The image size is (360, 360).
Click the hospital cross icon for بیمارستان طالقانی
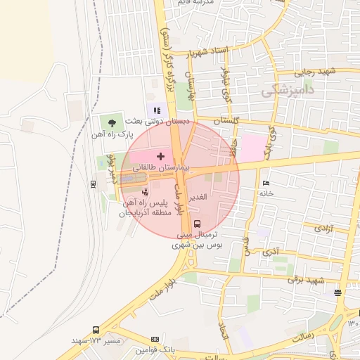(160, 155)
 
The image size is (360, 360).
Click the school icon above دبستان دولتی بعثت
(157, 110)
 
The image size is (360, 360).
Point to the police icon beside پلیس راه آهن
(146, 191)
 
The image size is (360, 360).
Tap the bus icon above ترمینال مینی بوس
(196, 224)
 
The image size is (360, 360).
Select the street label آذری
(271, 251)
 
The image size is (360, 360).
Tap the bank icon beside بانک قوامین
(155, 340)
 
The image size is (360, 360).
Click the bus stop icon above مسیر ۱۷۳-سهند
(96, 330)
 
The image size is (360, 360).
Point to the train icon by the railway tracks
(93, 184)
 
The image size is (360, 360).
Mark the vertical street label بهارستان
(190, 84)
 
